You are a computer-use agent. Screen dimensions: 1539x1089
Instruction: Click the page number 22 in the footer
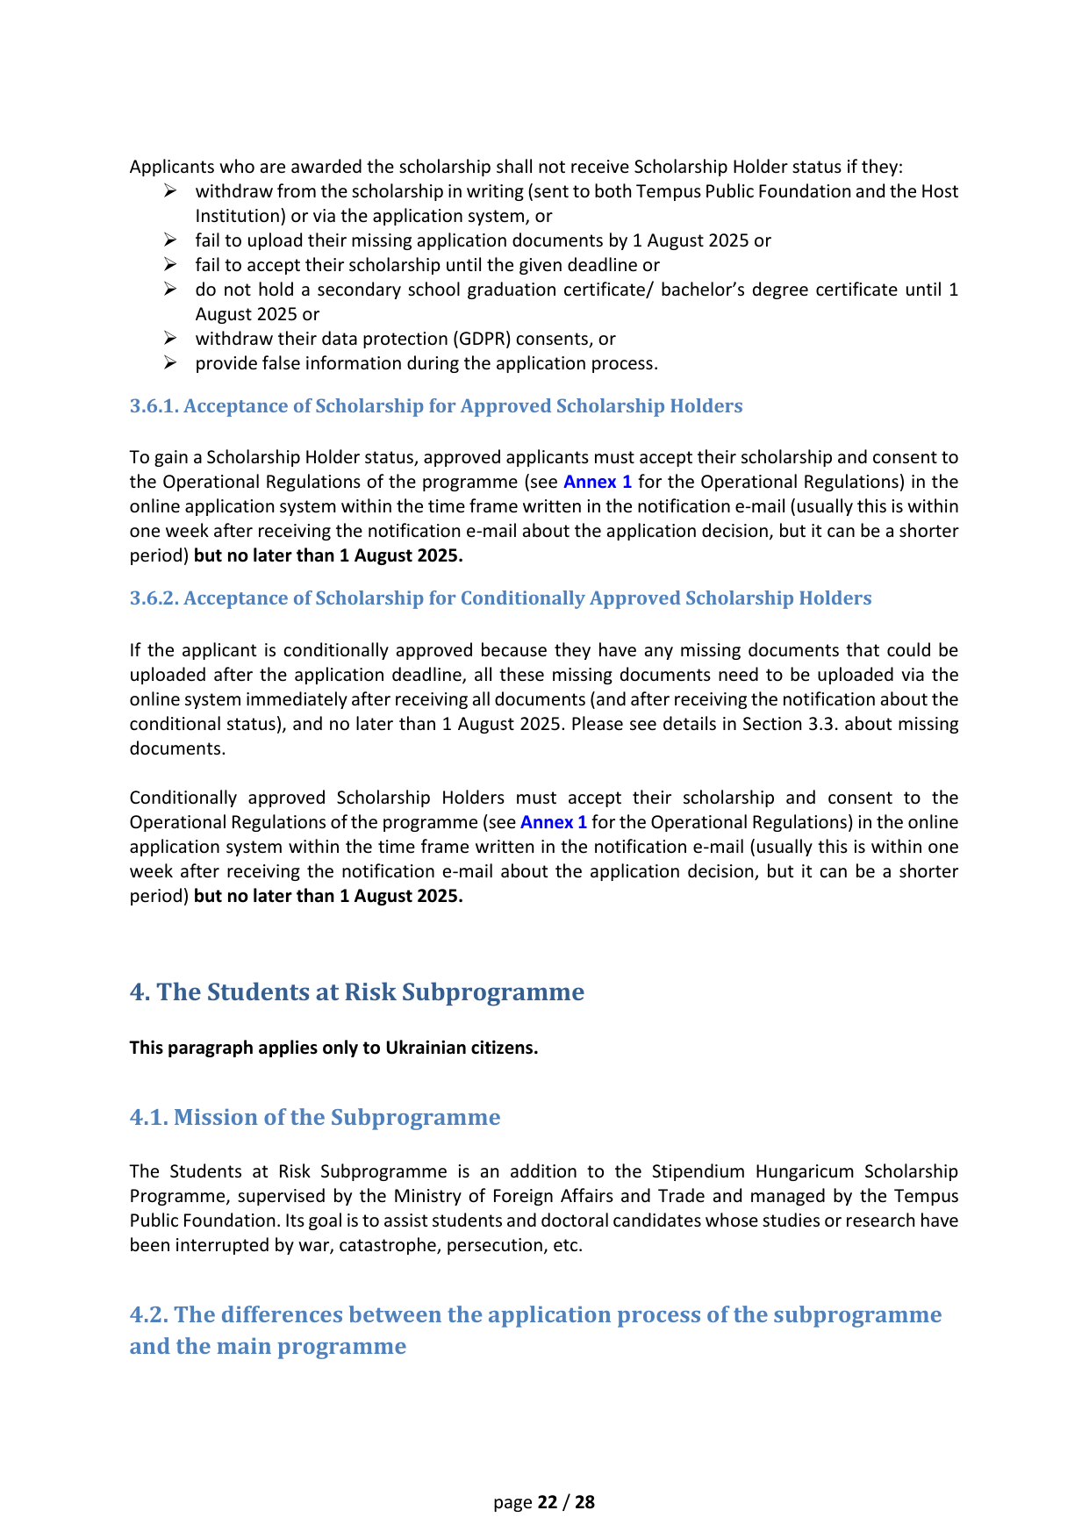tap(548, 1502)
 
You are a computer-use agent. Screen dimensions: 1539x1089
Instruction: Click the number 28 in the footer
tap(585, 1502)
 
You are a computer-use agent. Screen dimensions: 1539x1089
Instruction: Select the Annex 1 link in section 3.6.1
tap(597, 482)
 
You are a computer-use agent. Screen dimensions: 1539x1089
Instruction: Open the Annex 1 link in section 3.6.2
tap(554, 822)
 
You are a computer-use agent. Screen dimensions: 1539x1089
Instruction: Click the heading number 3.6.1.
tap(154, 406)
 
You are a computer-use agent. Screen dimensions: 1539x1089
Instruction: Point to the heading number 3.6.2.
tap(154, 598)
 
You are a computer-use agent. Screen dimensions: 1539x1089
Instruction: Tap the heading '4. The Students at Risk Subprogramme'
tap(356, 992)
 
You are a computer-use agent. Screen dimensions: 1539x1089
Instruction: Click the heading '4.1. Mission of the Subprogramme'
tap(314, 1117)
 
